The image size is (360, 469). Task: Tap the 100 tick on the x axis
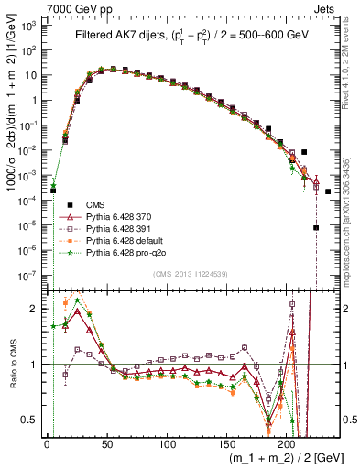(x=167, y=445)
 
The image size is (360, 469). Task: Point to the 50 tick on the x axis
(x=106, y=445)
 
